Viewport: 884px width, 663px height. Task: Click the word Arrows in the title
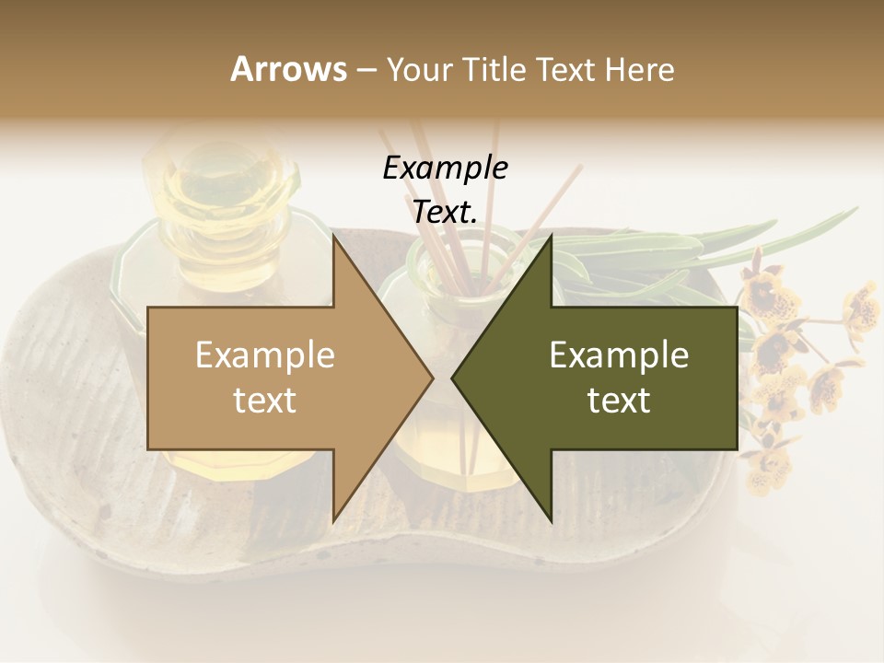coord(288,69)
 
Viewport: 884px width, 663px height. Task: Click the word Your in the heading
coord(420,70)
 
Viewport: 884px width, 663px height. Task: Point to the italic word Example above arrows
coord(445,169)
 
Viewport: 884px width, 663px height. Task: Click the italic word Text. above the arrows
coord(445,213)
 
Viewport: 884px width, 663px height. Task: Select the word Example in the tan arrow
coord(265,355)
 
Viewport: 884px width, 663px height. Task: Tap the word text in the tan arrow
coord(265,400)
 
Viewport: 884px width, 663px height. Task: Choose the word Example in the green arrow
coord(619,355)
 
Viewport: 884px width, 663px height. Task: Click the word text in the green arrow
coord(619,400)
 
